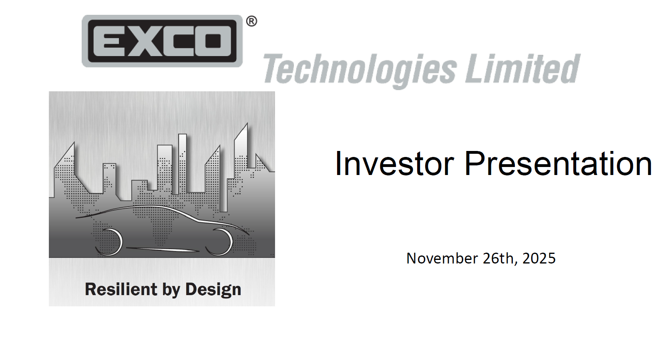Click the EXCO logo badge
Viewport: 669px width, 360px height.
[162, 41]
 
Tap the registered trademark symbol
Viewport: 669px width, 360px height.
[251, 21]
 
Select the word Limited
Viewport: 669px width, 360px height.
[522, 69]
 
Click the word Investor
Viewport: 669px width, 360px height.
[394, 163]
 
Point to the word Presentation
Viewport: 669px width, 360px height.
[558, 163]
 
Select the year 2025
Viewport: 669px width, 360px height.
[539, 258]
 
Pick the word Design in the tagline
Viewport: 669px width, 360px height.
[213, 289]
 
